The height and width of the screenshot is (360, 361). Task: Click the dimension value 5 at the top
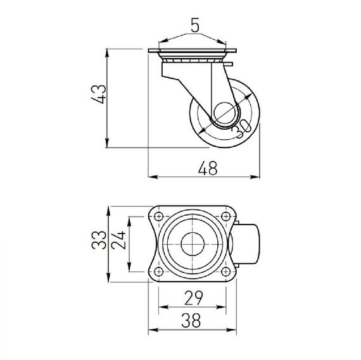pos(195,25)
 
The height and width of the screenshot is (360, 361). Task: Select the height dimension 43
pos(99,94)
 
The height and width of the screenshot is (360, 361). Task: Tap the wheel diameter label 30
pos(241,129)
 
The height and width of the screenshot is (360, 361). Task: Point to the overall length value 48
pos(208,168)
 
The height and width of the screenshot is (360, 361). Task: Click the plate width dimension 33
pos(99,240)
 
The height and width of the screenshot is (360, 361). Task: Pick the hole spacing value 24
pos(119,240)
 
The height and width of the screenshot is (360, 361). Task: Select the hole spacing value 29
pos(193,298)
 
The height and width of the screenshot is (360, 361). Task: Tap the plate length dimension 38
pos(191,320)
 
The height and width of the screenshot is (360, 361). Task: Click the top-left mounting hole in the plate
pos(158,216)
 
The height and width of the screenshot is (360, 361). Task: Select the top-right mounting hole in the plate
pos(225,216)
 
